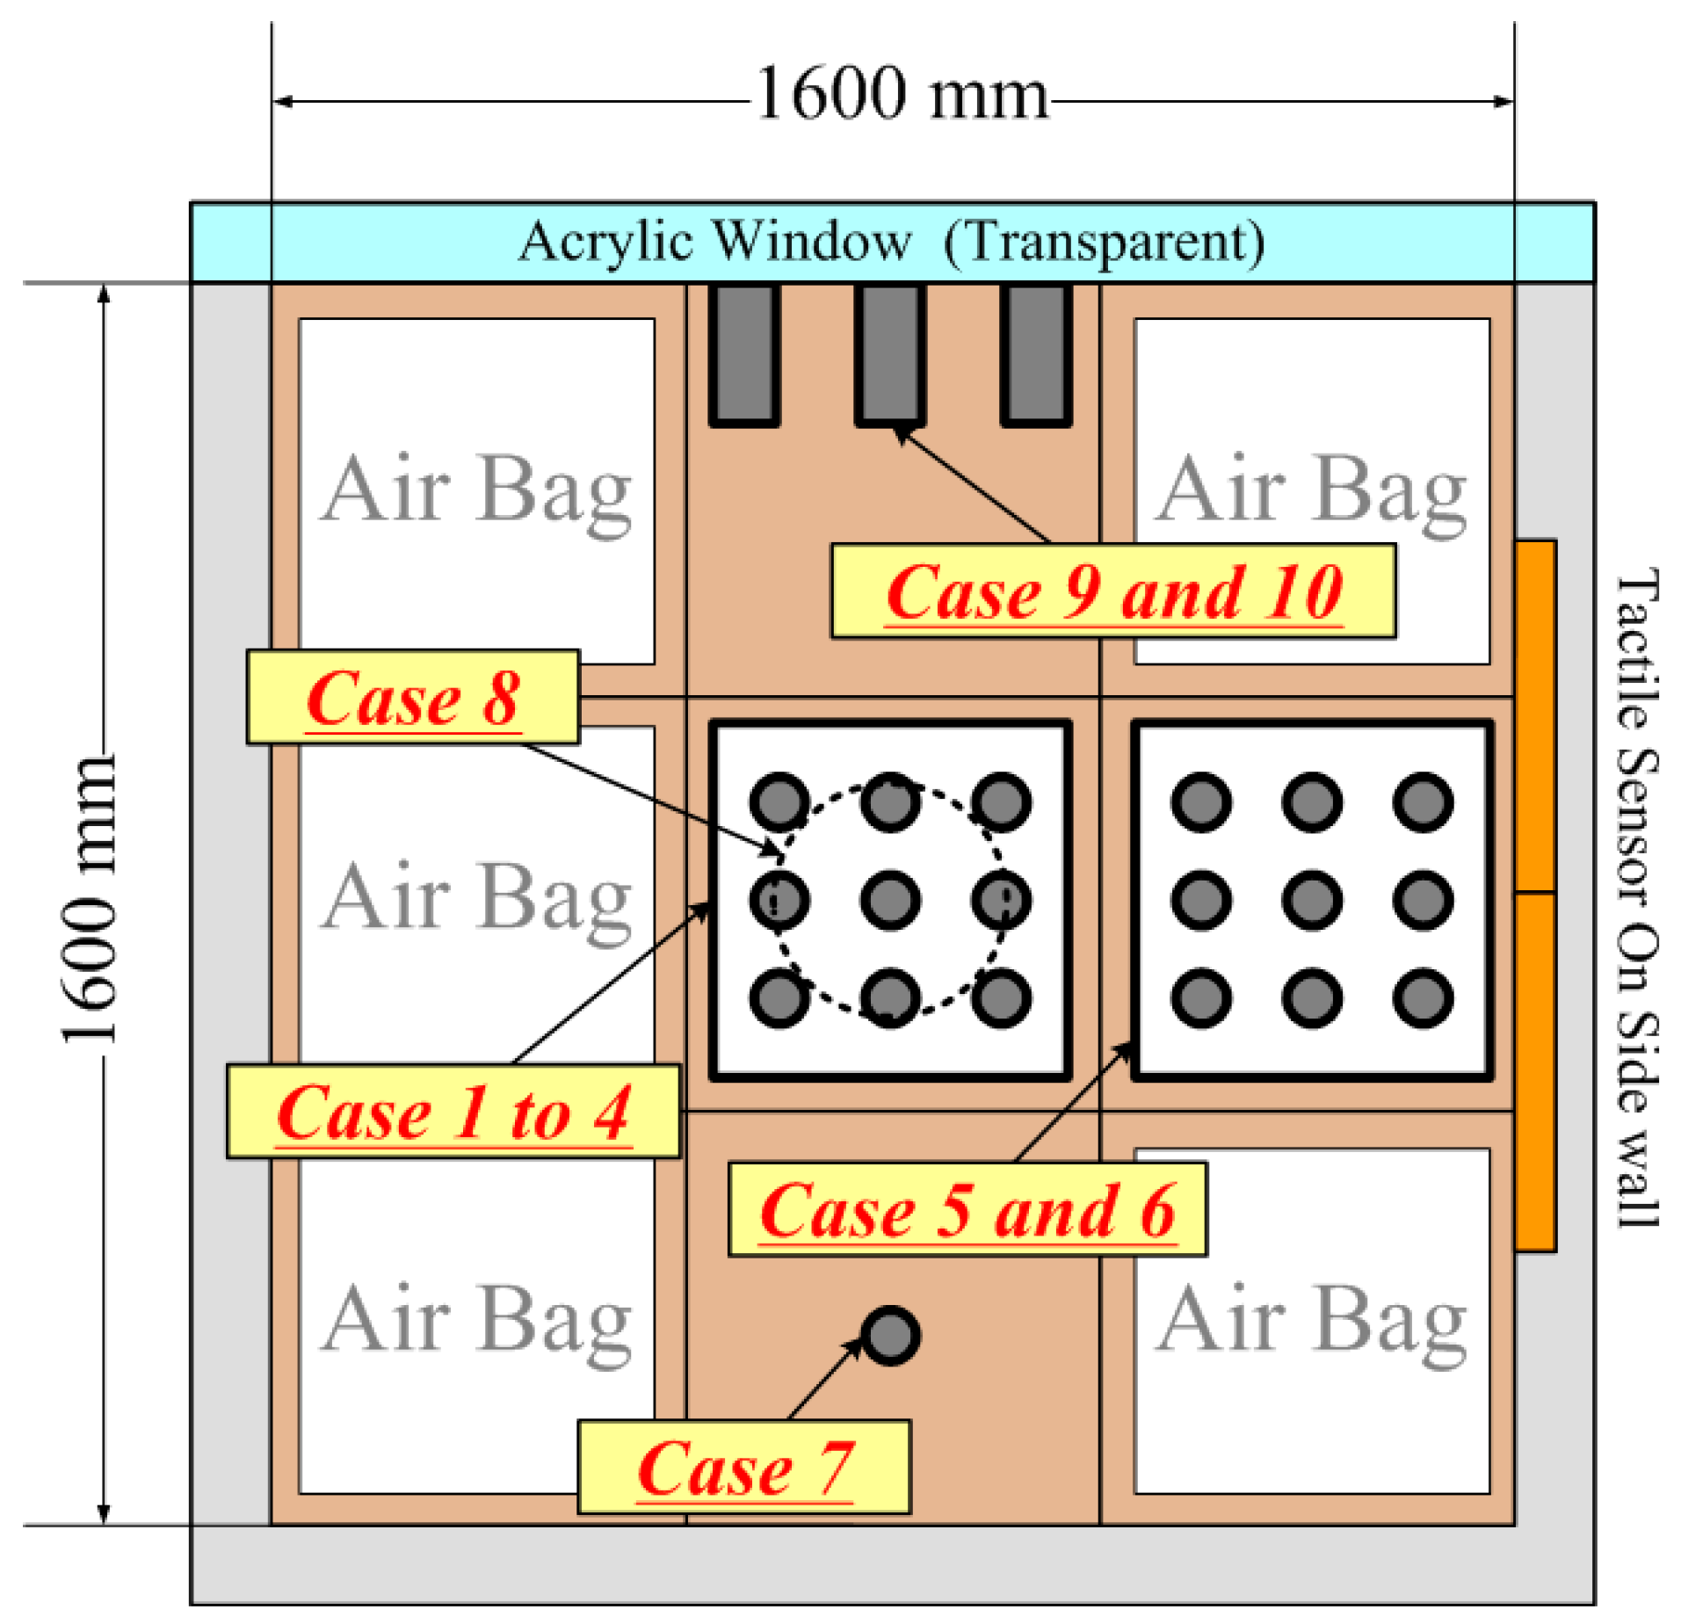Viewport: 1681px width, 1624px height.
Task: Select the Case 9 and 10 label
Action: click(1112, 591)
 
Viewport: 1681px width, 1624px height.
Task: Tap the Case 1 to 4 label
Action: click(453, 1112)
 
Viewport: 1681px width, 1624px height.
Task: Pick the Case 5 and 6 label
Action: click(967, 1210)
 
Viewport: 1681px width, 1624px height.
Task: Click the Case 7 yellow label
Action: click(743, 1468)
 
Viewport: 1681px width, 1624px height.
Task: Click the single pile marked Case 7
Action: click(890, 1337)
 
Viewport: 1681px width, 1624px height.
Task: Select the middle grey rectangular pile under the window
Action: click(889, 355)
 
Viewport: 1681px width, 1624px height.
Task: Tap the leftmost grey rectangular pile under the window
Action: click(744, 355)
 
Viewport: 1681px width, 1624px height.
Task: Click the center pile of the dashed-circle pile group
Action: click(890, 900)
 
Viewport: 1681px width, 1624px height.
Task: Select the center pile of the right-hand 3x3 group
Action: click(1311, 900)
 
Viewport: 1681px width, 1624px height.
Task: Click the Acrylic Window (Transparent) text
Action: click(891, 241)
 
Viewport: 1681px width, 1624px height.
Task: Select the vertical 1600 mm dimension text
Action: click(89, 900)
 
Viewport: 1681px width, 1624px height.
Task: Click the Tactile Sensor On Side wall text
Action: click(1636, 896)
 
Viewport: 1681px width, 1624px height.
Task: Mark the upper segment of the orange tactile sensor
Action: click(1535, 716)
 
